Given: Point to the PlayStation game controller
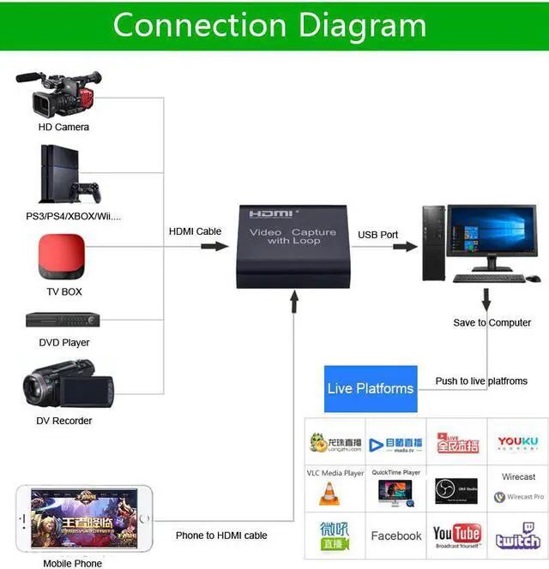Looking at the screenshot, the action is tap(85, 189).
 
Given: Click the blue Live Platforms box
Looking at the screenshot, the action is tap(371, 388).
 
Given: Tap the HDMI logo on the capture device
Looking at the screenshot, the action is tap(271, 213).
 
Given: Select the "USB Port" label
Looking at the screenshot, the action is tap(378, 235).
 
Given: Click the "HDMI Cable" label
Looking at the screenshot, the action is tap(195, 231).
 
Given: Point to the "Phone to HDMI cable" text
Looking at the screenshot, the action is tap(221, 536).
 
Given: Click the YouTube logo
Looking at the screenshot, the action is tap(456, 534).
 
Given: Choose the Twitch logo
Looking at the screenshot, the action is tap(518, 536).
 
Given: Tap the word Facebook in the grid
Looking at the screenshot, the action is tap(396, 536).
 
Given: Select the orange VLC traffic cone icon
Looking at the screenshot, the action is tap(329, 494).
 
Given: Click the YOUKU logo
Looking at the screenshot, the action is tap(517, 443).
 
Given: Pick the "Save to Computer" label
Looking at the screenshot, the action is tap(492, 323).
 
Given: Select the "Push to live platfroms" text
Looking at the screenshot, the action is tap(481, 381).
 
